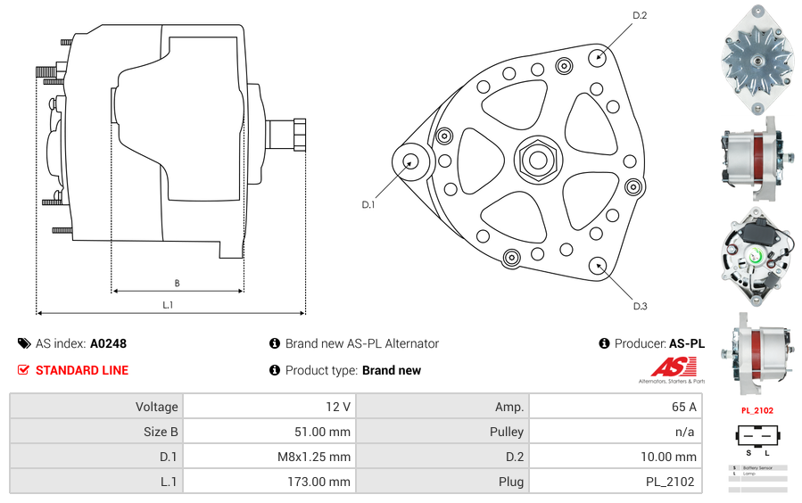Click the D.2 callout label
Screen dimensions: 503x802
[639, 15]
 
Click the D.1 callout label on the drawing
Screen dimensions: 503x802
[368, 205]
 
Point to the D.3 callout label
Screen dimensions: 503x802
[640, 306]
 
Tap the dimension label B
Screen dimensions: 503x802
[177, 284]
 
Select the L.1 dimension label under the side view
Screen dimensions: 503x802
[168, 306]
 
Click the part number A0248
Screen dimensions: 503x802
[109, 343]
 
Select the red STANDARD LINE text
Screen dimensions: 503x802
[82, 370]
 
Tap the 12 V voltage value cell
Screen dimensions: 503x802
[337, 407]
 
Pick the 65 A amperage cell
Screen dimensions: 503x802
[683, 407]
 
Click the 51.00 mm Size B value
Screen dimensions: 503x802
[322, 432]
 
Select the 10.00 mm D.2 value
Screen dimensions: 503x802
[668, 457]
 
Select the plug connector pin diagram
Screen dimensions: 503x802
[757, 438]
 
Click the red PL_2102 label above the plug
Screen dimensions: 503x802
[757, 410]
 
